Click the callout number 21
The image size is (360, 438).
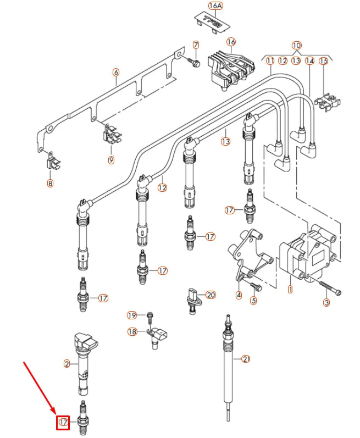point(246,359)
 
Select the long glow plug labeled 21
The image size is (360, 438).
point(226,363)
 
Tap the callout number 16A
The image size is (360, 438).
point(215,6)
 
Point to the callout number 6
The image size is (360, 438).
point(115,72)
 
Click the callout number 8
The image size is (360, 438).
point(51,184)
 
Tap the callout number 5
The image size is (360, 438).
point(253,301)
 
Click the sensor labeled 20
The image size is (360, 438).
point(192,298)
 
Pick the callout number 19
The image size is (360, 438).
point(131,315)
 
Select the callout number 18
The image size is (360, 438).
point(132,331)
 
